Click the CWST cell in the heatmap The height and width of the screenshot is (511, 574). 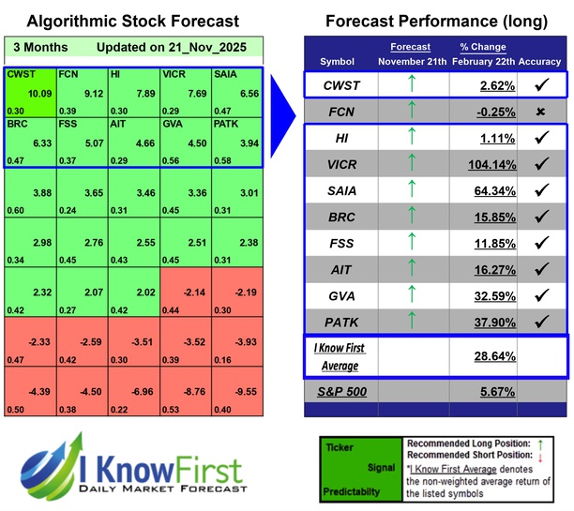(29, 93)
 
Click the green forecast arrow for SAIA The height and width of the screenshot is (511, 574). (410, 191)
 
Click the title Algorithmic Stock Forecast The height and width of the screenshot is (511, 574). (132, 20)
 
